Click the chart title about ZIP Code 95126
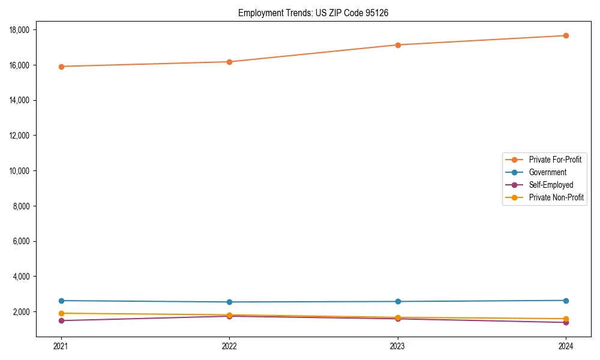pyautogui.click(x=313, y=13)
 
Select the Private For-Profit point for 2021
pyautogui.click(x=61, y=67)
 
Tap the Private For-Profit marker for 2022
pyautogui.click(x=229, y=62)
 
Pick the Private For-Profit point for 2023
pyautogui.click(x=398, y=45)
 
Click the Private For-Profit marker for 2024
pyautogui.click(x=566, y=35)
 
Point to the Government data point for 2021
pyautogui.click(x=61, y=301)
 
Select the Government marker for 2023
pyautogui.click(x=398, y=301)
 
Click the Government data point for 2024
pyautogui.click(x=566, y=301)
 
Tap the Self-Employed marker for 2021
pyautogui.click(x=61, y=320)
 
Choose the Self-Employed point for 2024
pyautogui.click(x=566, y=322)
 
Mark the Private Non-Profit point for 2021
pyautogui.click(x=61, y=313)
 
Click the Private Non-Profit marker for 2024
pyautogui.click(x=566, y=319)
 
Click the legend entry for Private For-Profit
pyautogui.click(x=555, y=160)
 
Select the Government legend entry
pyautogui.click(x=547, y=172)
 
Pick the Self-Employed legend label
pyautogui.click(x=551, y=185)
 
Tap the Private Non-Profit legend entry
pyautogui.click(x=556, y=197)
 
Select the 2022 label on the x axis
pyautogui.click(x=229, y=346)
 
